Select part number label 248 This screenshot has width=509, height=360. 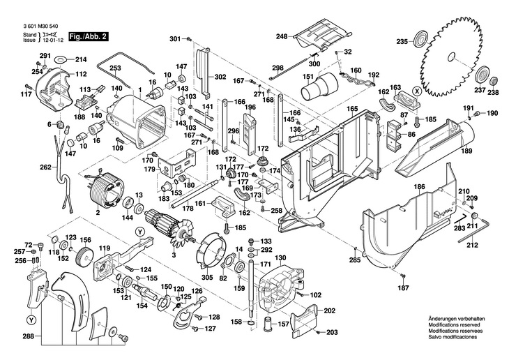pos(281,36)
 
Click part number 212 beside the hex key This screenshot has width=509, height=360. pos(472,245)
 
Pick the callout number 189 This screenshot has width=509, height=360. pos(466,151)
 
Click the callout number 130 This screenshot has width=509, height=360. pos(281,258)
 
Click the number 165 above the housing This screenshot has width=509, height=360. pos(353,110)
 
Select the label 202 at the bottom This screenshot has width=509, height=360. pos(331,310)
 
